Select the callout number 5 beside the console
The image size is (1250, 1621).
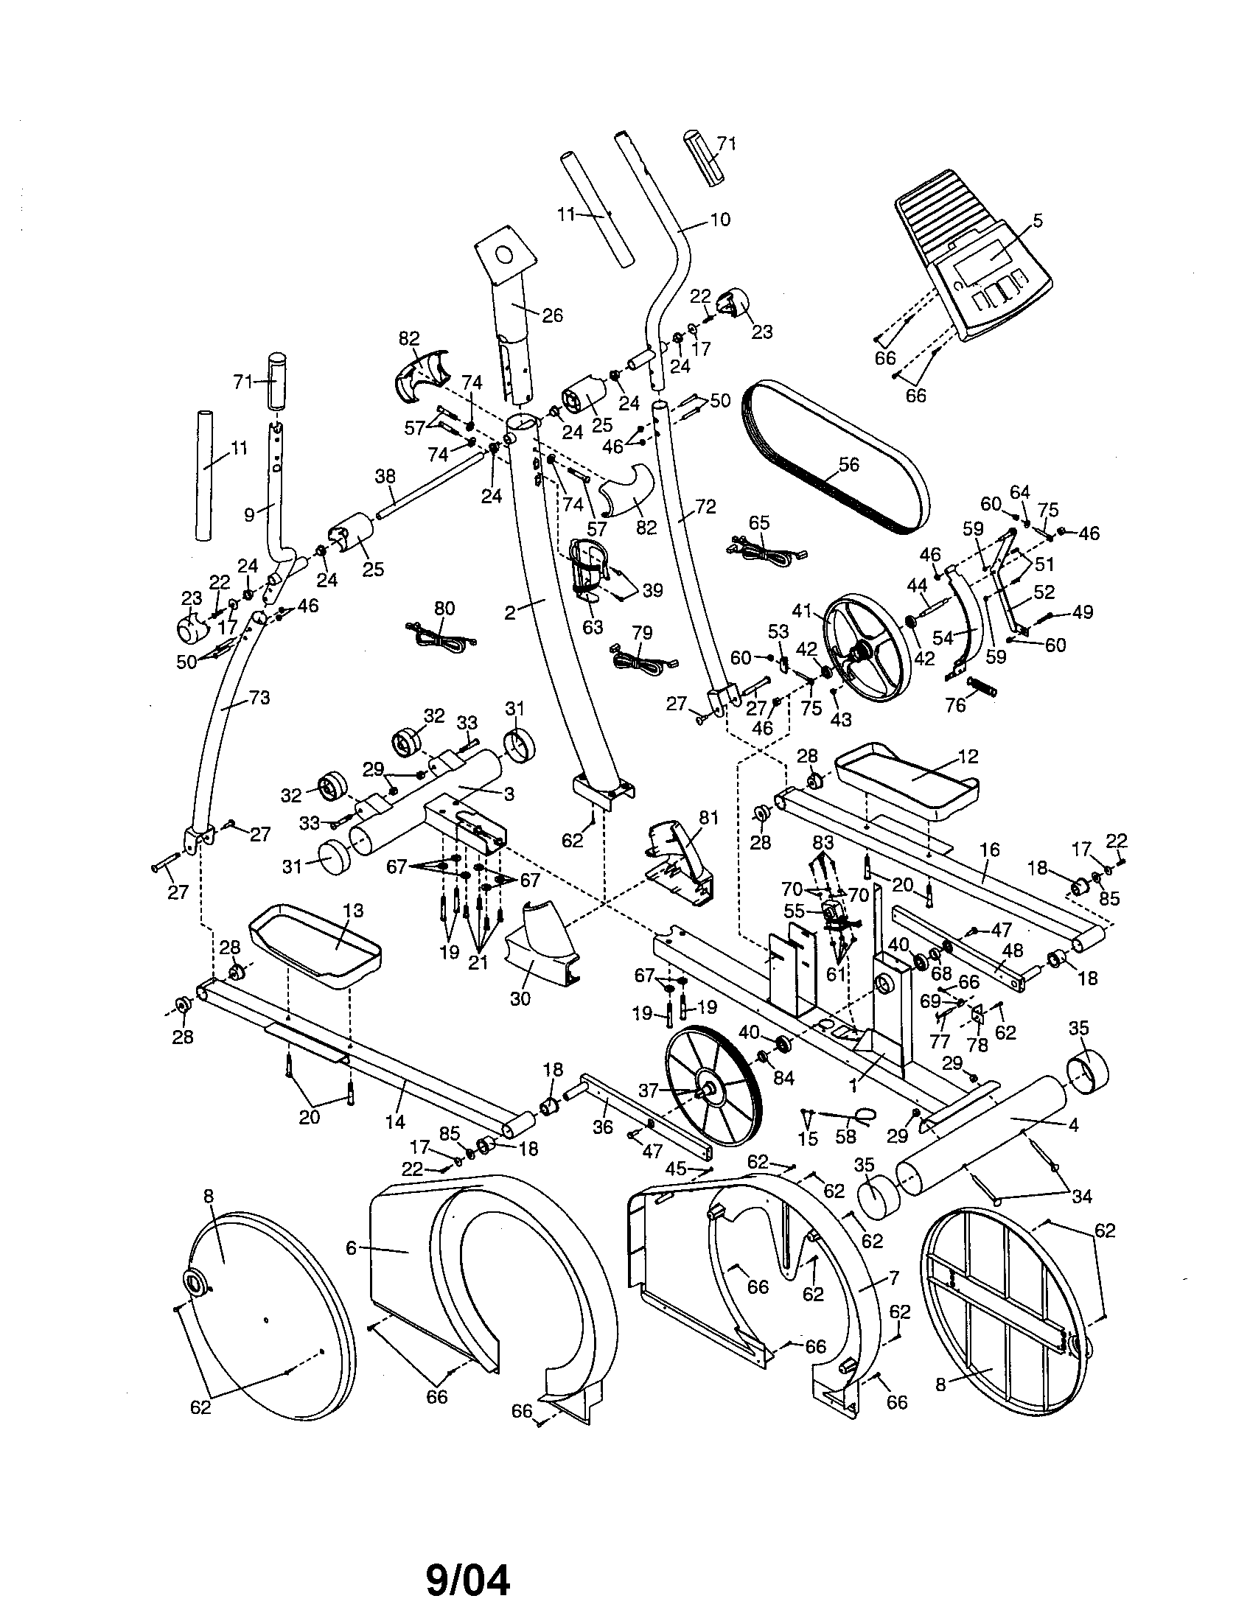click(x=1037, y=220)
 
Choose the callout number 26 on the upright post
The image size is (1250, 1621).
click(x=552, y=315)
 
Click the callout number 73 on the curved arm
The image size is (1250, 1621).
click(x=259, y=698)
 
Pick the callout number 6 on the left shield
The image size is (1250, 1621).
click(x=351, y=1248)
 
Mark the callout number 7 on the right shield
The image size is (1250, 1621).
click(x=894, y=1278)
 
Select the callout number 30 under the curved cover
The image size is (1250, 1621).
click(x=520, y=999)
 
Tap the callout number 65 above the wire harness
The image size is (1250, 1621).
click(x=758, y=522)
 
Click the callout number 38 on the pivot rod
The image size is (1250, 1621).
click(x=385, y=476)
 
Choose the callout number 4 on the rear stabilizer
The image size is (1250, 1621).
click(x=1072, y=1125)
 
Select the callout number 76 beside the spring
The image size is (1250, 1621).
click(x=955, y=704)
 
